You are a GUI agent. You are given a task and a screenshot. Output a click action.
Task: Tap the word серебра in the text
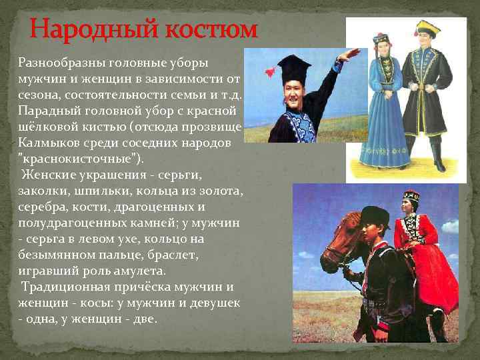point(41,207)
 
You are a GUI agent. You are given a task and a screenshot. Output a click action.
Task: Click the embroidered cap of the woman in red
point(411,196)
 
